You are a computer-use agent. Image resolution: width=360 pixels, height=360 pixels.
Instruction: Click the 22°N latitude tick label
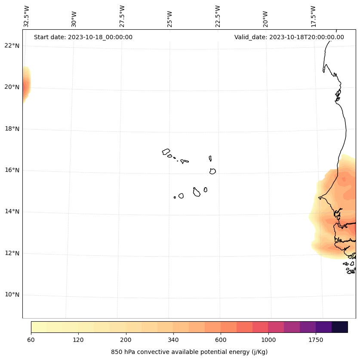12,46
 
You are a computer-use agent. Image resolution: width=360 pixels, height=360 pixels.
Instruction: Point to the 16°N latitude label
12,170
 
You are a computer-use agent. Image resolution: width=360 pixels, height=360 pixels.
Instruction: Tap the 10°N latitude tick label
12,295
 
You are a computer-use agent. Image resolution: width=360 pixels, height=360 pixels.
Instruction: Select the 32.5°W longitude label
27,16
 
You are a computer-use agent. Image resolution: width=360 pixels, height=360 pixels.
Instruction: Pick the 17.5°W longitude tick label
313,16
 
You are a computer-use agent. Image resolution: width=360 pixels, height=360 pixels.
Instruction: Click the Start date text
83,37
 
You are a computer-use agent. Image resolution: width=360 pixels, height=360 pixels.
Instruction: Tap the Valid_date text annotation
289,37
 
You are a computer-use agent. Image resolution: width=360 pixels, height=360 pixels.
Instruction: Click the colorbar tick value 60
31,340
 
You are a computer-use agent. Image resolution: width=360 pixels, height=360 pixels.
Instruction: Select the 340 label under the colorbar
173,340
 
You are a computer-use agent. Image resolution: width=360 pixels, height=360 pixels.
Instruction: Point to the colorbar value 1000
268,340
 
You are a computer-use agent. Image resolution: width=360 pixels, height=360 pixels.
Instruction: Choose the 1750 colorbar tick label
316,340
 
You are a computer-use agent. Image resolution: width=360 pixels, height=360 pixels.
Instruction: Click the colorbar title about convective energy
189,352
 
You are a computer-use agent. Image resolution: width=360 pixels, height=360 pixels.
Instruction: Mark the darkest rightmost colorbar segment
340,327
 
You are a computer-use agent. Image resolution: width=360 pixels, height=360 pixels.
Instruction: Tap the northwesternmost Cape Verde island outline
166,152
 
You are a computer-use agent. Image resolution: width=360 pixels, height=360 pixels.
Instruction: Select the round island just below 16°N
212,171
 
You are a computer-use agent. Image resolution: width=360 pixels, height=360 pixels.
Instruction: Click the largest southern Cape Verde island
197,192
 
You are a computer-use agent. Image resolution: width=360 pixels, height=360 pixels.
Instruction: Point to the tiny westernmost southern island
175,197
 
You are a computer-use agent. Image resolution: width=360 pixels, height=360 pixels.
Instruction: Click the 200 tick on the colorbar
126,340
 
